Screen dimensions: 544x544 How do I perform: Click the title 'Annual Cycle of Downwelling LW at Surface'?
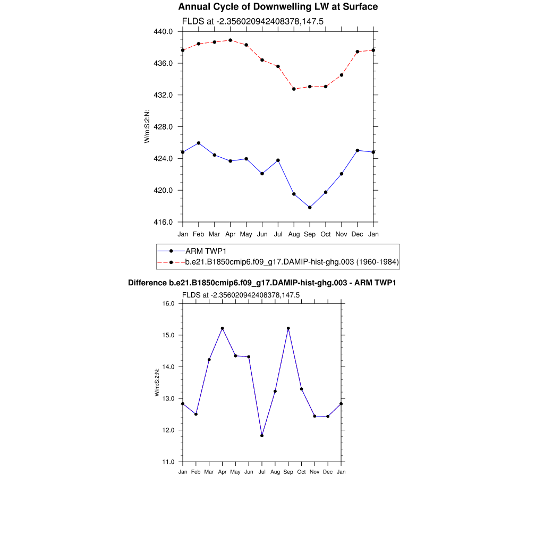(x=278, y=7)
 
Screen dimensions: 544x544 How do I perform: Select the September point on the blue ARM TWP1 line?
(x=310, y=207)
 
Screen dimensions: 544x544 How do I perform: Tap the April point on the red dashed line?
(x=230, y=40)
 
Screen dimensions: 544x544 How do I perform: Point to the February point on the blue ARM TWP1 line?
(x=198, y=143)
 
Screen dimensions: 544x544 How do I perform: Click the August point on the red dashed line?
(x=294, y=89)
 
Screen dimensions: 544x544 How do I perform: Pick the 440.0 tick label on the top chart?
(x=163, y=31)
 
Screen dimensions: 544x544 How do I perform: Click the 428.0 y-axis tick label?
(x=163, y=127)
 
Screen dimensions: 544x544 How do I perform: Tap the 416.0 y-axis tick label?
(x=163, y=222)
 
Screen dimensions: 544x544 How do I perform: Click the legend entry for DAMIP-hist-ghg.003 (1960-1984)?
(x=292, y=262)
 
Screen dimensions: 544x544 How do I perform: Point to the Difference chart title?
(x=262, y=283)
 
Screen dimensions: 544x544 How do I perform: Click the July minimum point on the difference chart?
(x=262, y=436)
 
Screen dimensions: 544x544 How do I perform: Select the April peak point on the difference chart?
(x=222, y=328)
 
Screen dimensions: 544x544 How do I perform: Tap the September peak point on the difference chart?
(x=288, y=328)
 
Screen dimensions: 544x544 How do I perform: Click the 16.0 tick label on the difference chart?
(x=168, y=304)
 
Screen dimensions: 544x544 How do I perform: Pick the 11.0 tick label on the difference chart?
(x=168, y=462)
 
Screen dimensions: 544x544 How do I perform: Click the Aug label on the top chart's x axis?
(x=294, y=234)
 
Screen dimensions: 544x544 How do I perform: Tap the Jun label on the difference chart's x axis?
(x=249, y=472)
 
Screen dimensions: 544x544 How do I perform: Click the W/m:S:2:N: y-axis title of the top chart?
(x=147, y=126)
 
